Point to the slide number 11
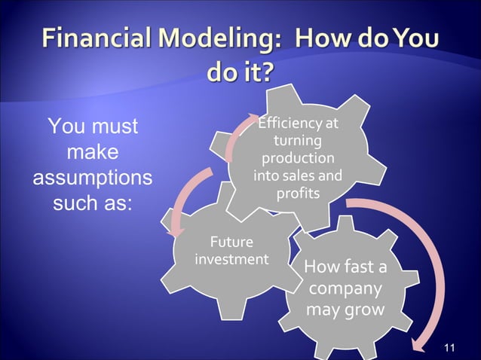(x=450, y=347)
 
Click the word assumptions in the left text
(x=92, y=178)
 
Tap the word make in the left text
(x=92, y=152)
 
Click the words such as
(x=92, y=203)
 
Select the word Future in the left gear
(x=231, y=243)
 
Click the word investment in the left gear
(x=231, y=259)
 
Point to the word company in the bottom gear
(x=345, y=289)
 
